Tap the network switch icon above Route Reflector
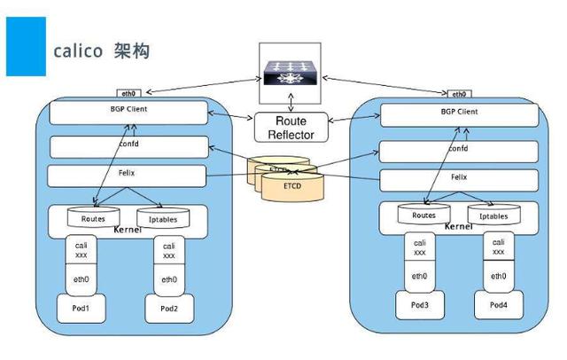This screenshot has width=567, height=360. (287, 74)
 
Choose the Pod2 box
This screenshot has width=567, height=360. (168, 309)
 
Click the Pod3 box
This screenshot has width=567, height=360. (419, 305)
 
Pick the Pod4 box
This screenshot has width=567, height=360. (497, 305)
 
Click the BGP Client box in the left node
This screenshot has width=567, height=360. (128, 113)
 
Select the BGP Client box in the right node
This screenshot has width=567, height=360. (458, 113)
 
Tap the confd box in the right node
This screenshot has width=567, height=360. (458, 150)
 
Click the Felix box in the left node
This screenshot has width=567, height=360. (128, 176)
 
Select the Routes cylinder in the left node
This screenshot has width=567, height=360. (94, 217)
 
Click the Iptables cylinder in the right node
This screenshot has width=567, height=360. (493, 215)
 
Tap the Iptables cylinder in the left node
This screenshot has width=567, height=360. (159, 217)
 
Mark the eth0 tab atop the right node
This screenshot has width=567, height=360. (458, 93)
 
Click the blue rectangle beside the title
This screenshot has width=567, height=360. (26, 46)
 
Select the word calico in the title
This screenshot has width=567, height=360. (78, 51)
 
